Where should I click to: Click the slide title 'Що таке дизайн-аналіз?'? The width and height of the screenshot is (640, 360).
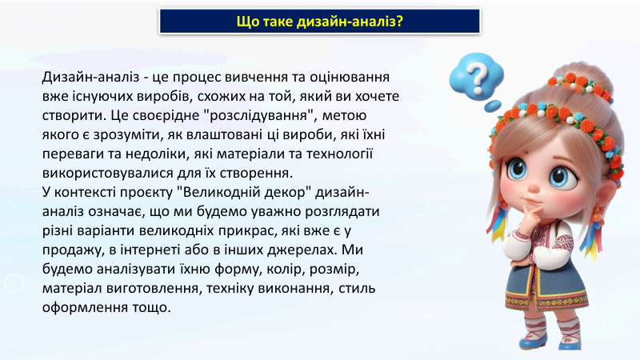(319, 22)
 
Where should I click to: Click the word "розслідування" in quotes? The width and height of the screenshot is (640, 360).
(259, 115)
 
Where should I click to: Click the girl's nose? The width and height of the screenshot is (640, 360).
(534, 187)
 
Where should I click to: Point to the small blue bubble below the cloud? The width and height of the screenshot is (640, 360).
(493, 106)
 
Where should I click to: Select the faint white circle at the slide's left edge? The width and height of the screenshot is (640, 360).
(14, 282)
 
